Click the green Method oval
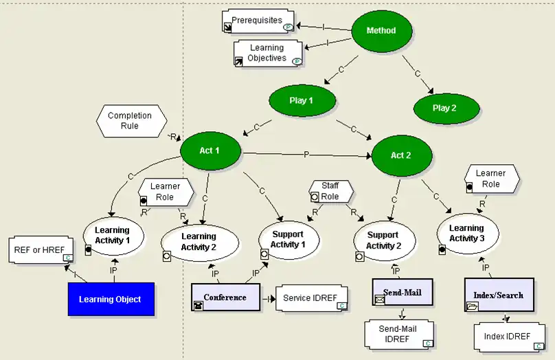381,31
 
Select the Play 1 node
302,101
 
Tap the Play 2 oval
444,108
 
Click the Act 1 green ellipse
209,149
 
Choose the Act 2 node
401,155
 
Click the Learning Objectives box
268,53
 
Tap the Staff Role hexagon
330,192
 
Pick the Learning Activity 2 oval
199,242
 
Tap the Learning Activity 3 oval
466,233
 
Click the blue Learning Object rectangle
110,299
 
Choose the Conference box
225,297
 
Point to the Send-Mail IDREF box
399,334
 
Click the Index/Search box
499,295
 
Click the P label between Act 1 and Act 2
306,155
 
